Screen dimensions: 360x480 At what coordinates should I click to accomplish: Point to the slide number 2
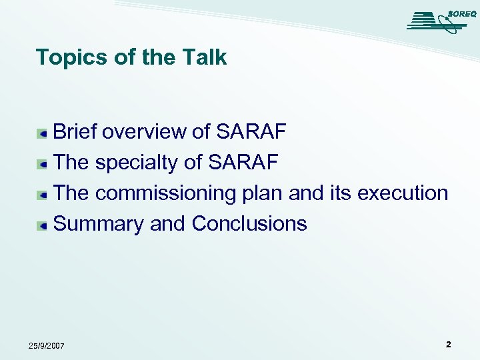(x=448, y=345)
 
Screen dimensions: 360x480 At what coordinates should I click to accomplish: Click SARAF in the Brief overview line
(x=251, y=132)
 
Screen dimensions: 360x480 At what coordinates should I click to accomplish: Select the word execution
(x=403, y=193)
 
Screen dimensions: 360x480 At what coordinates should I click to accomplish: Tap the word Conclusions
(x=249, y=224)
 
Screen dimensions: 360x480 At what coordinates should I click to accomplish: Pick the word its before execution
(x=341, y=193)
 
